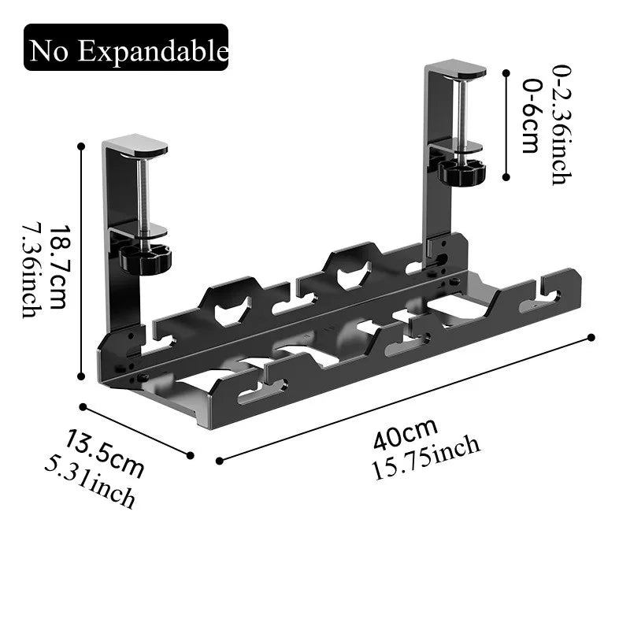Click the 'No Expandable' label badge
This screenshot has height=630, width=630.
(126, 48)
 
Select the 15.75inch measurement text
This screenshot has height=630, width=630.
(426, 458)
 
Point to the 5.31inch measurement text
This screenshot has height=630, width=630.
(89, 484)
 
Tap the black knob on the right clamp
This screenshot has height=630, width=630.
(461, 171)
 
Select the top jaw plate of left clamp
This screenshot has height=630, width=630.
(135, 146)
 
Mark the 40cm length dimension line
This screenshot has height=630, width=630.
(405, 398)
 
